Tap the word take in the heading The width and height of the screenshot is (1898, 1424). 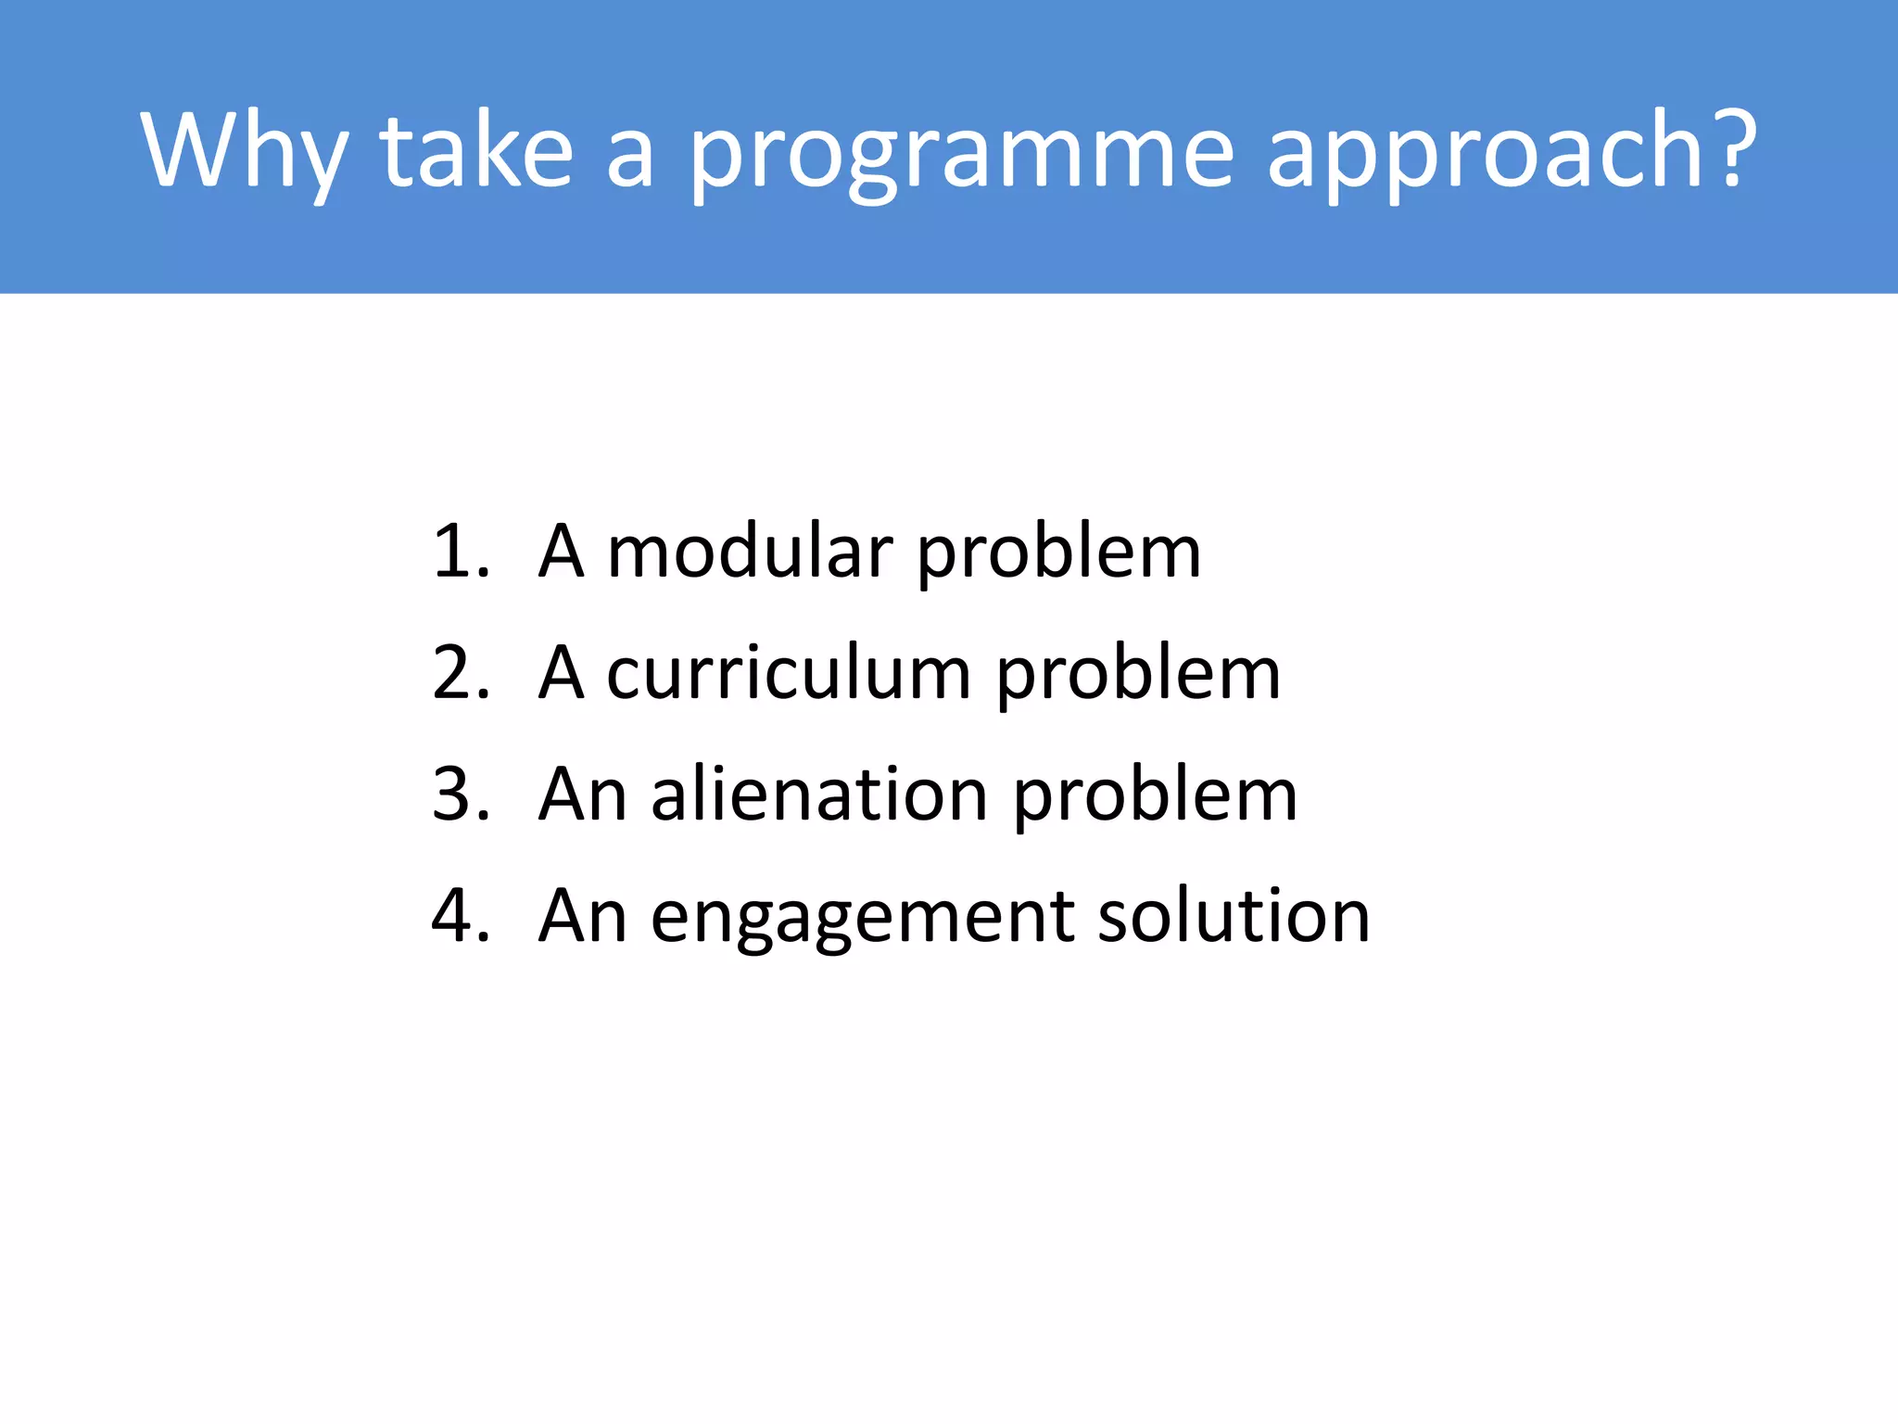coord(476,150)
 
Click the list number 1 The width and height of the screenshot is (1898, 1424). coord(461,553)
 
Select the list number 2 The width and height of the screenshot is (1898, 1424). coord(461,673)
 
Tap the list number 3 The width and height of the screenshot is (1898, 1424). coord(461,795)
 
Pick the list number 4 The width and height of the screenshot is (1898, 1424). coord(461,916)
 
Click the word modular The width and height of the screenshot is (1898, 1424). coord(749,553)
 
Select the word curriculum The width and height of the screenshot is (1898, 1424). coord(789,673)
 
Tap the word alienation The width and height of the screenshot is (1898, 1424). coord(819,795)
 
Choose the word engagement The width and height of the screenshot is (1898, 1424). coord(862,918)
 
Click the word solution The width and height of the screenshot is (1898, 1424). coord(1234,916)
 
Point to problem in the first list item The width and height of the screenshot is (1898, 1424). coord(1059,554)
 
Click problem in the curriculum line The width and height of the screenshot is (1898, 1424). coord(1139,675)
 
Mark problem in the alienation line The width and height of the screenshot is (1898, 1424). coord(1155,796)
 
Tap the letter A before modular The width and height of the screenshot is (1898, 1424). coord(562,553)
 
